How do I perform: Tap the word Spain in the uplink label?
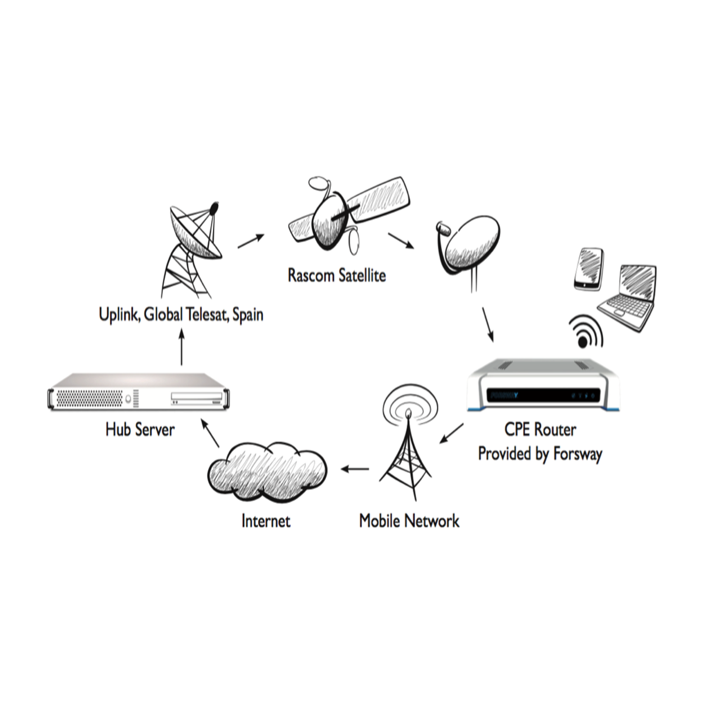pyautogui.click(x=248, y=315)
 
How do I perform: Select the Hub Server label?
pyautogui.click(x=140, y=429)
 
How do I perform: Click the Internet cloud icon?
pyautogui.click(x=267, y=471)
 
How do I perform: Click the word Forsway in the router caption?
pyautogui.click(x=578, y=454)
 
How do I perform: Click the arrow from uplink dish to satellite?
pyautogui.click(x=251, y=241)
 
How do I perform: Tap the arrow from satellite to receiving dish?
pyautogui.click(x=401, y=240)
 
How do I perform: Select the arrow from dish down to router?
pyautogui.click(x=488, y=324)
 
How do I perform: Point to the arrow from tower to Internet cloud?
pyautogui.click(x=355, y=468)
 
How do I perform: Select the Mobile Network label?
pyautogui.click(x=409, y=521)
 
